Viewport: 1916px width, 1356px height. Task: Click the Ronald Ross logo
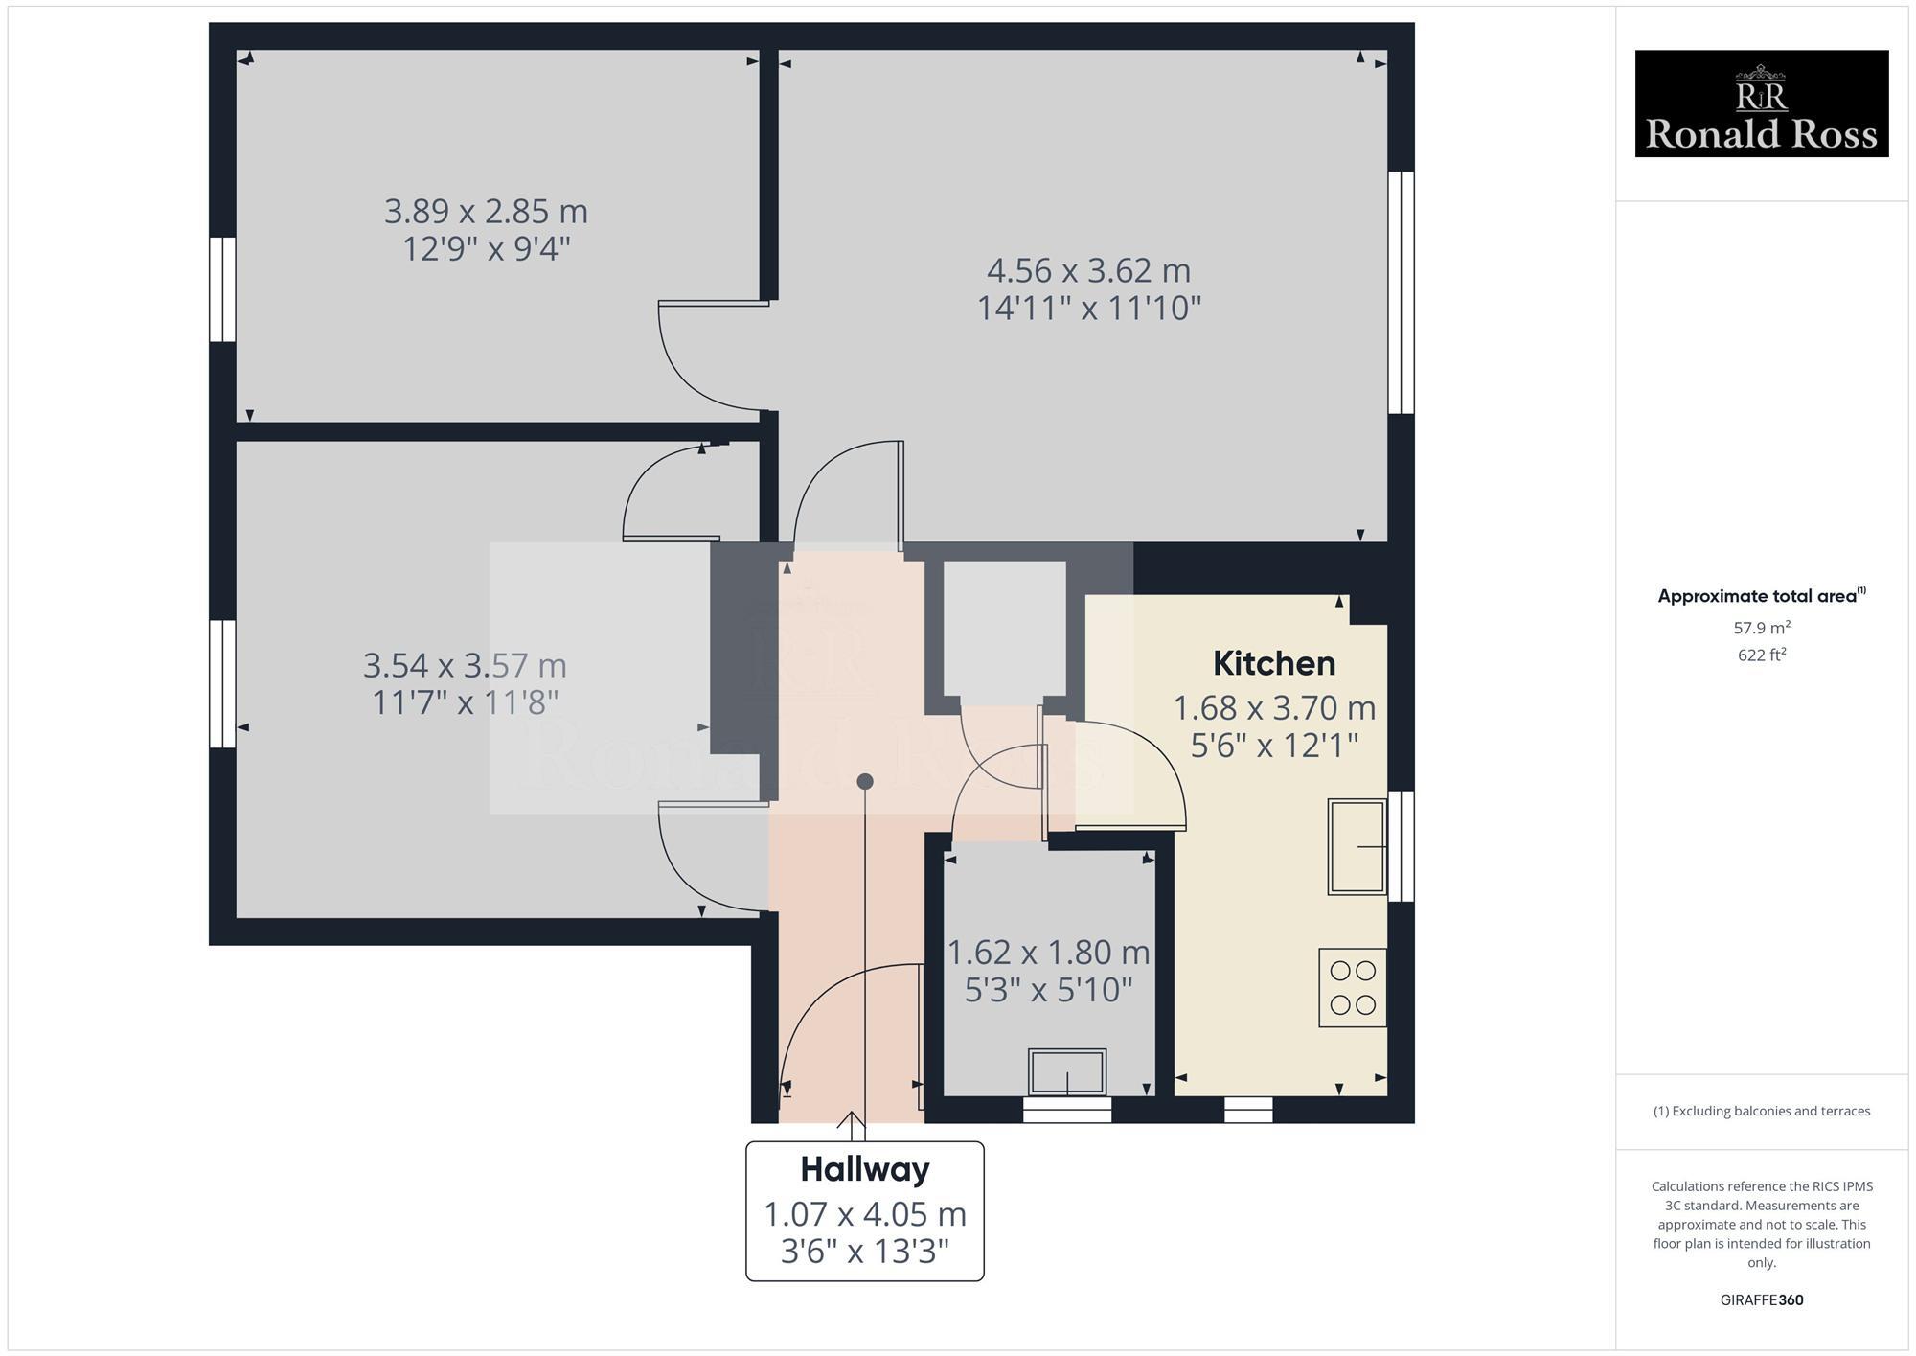1761,103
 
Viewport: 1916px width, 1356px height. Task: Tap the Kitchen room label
1273,663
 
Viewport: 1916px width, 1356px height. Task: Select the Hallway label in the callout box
864,1169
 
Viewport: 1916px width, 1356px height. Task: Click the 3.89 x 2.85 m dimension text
486,211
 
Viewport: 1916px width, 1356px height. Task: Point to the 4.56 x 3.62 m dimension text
1088,270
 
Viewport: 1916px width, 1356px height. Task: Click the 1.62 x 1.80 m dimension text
1048,952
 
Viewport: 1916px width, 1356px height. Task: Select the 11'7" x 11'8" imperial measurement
465,702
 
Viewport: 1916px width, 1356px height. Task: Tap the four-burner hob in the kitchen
1353,987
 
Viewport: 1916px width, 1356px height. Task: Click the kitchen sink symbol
1357,846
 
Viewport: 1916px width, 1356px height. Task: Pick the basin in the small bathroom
1066,1071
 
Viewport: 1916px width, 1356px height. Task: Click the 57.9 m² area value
1761,628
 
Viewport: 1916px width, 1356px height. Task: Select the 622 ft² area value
1761,655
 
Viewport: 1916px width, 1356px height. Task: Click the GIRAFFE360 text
1761,1299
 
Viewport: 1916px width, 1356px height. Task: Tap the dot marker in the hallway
865,781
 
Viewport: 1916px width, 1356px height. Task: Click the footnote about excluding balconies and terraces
1761,1111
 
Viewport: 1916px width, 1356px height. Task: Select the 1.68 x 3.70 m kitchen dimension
1273,708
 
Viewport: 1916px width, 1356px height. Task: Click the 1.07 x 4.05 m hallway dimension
864,1214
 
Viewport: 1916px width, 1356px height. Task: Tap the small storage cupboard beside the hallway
1004,628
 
